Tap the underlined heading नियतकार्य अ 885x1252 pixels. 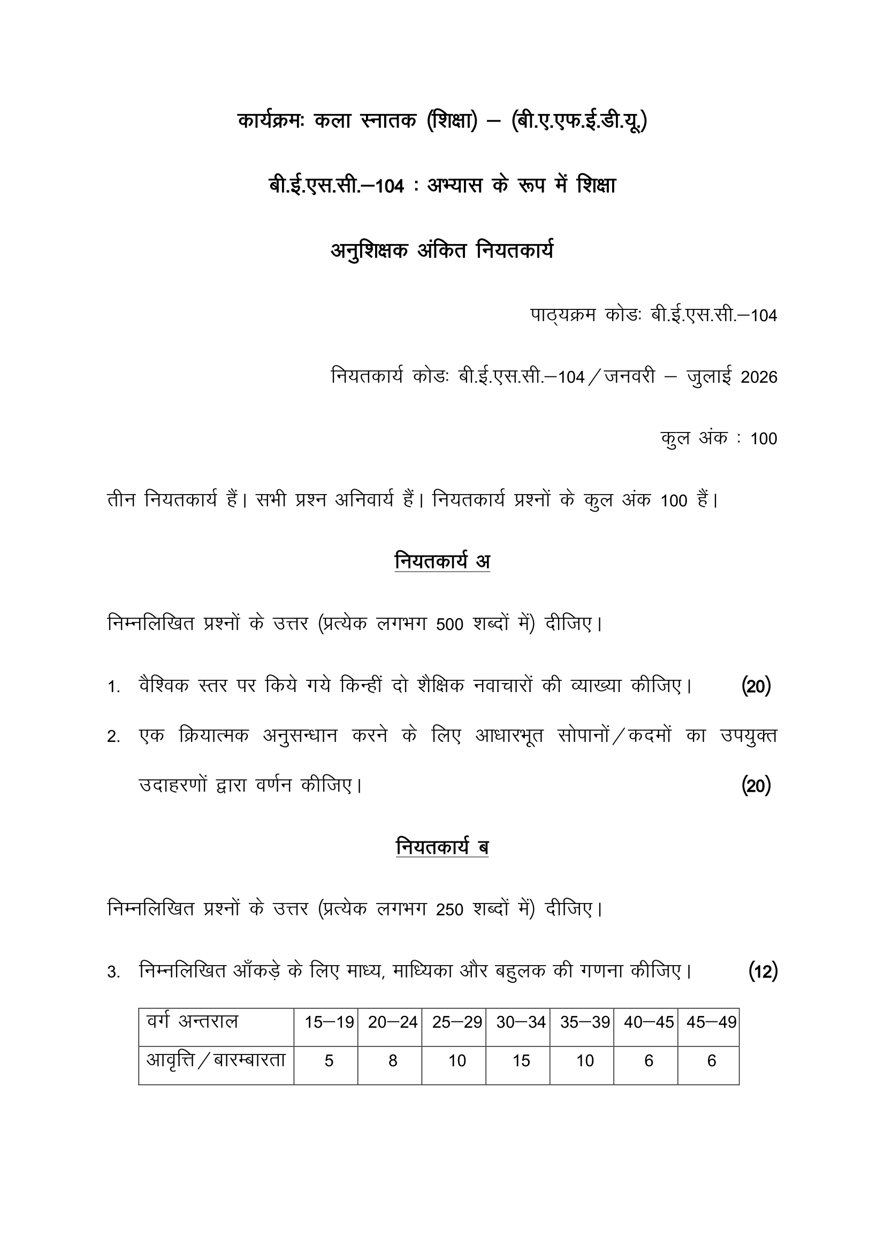coord(442,561)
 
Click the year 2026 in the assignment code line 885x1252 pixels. coord(759,377)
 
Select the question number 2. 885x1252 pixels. coord(113,738)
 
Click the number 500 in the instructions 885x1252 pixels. coord(449,625)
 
